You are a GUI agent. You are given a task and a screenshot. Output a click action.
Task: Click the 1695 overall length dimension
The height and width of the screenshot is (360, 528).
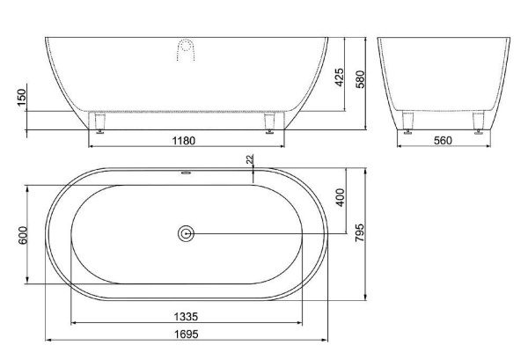click(187, 334)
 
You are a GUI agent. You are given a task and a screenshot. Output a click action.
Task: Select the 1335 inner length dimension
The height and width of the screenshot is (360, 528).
click(186, 317)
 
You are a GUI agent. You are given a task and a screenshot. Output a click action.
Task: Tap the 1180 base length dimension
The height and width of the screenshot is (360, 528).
click(184, 141)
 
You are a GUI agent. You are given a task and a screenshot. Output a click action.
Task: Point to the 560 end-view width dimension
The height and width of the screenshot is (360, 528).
click(443, 141)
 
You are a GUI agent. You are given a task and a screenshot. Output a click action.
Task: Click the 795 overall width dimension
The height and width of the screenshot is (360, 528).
click(360, 232)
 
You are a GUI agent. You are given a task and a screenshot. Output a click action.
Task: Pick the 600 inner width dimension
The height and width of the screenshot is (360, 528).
click(23, 235)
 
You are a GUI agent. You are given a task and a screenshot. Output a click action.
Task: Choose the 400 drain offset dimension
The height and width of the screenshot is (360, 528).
click(341, 197)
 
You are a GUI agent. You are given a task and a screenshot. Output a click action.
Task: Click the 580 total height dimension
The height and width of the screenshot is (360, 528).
click(360, 79)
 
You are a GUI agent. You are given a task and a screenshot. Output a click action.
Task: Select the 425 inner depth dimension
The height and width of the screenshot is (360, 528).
click(340, 77)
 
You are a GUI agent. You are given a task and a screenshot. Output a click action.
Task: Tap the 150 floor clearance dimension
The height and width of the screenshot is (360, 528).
click(21, 98)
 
